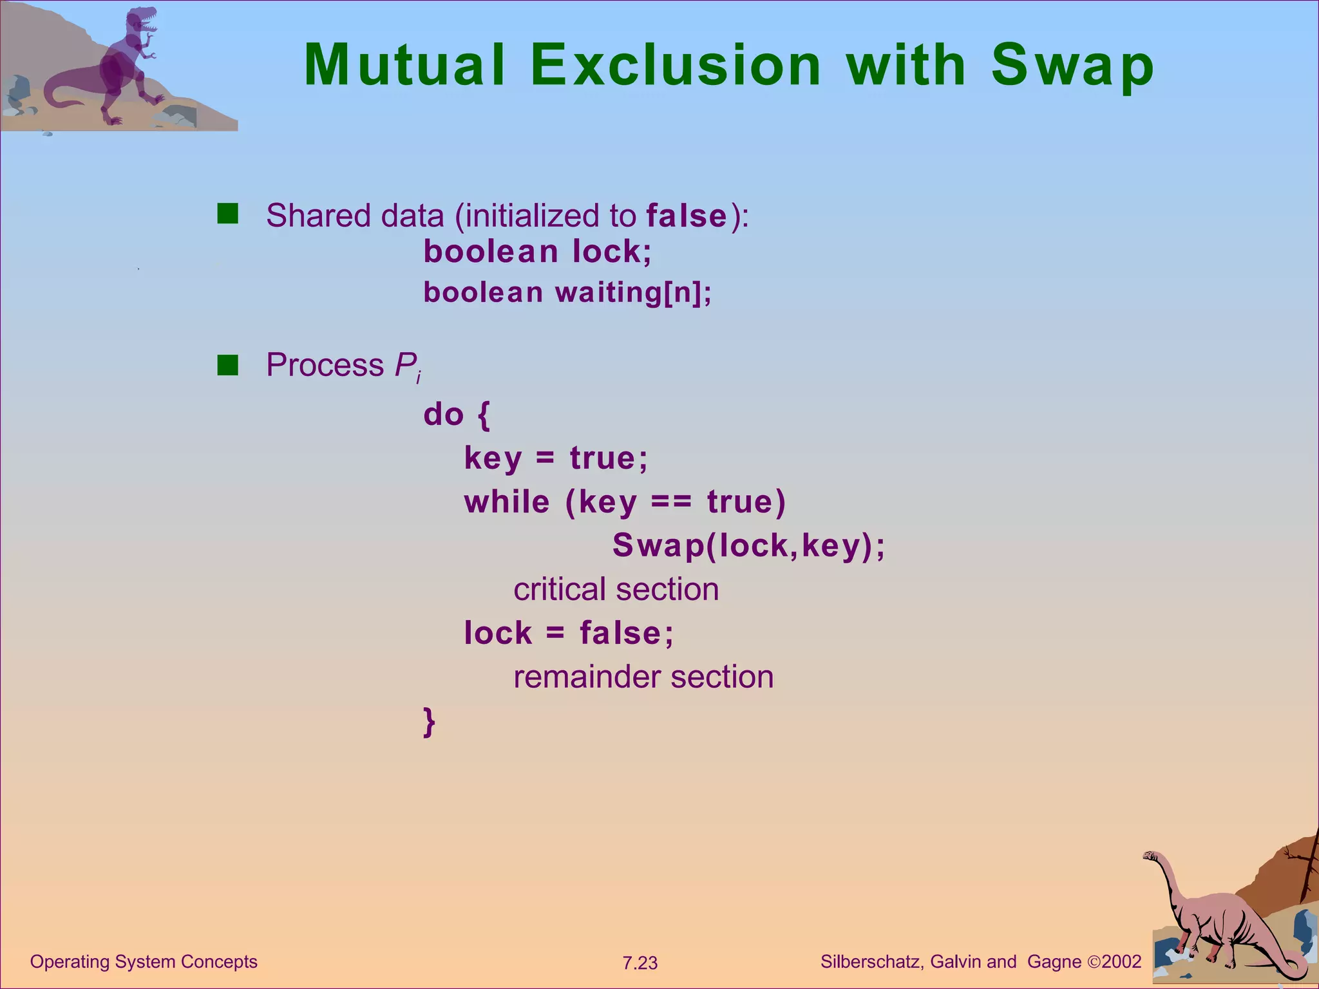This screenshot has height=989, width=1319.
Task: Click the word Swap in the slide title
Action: click(1072, 65)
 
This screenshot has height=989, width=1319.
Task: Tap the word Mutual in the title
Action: click(404, 65)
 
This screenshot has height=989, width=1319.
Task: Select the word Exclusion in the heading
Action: click(676, 65)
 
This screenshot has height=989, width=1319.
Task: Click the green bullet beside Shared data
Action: click(228, 214)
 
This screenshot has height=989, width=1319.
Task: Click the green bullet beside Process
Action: click(228, 364)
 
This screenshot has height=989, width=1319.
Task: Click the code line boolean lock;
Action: click(537, 251)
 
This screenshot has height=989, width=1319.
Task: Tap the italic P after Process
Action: click(406, 365)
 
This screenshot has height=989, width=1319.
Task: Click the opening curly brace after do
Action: click(484, 414)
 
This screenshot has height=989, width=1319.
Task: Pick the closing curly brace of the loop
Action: click(429, 721)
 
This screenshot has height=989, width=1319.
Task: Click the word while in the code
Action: click(507, 502)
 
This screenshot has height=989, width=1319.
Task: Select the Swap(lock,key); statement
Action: click(748, 545)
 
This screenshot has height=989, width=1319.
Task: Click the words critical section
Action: click(616, 589)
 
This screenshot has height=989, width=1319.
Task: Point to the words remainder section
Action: click(643, 677)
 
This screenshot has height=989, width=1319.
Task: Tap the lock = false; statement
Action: click(569, 633)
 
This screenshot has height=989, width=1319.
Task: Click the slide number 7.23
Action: click(640, 963)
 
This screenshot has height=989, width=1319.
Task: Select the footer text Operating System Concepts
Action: click(144, 962)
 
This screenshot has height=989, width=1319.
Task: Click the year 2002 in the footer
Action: click(1121, 962)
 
